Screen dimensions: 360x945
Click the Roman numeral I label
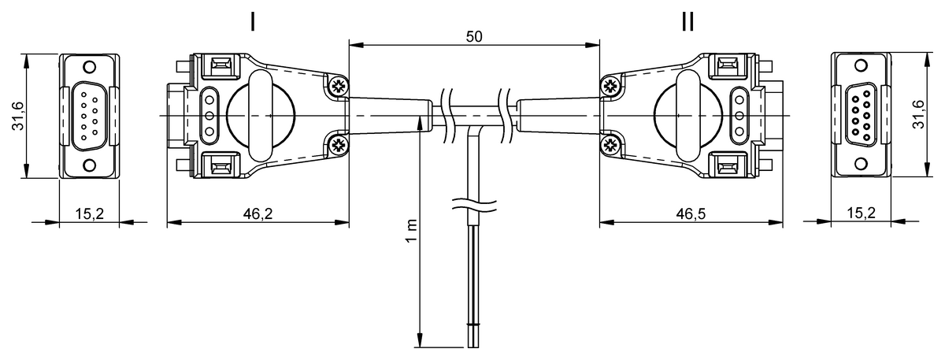coord(252,21)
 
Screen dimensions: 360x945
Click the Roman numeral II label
coord(687,21)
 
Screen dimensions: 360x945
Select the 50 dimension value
coord(473,36)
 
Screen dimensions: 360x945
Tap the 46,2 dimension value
coord(258,213)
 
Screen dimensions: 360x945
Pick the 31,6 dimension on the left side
coord(17,117)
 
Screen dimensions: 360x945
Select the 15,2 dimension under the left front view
coord(89,213)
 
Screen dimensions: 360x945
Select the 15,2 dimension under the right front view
coord(861,213)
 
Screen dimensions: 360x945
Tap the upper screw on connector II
coord(609,87)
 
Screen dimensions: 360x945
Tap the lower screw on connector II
coord(609,144)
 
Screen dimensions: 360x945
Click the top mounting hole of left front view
coord(89,67)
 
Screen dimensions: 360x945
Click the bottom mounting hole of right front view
coord(861,165)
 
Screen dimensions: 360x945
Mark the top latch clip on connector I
coord(220,65)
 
